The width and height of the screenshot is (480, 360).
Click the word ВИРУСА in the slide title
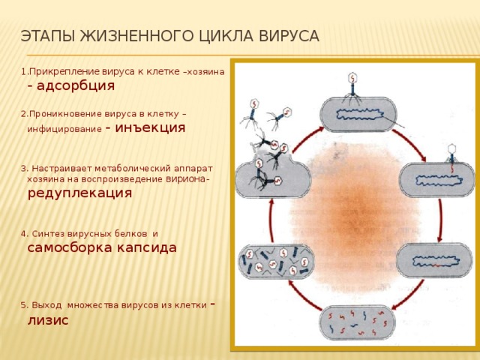289,36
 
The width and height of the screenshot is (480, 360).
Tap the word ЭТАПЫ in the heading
48,36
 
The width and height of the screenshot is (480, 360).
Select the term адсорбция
76,86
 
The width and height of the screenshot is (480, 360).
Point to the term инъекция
150,127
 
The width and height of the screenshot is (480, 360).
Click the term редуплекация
80,193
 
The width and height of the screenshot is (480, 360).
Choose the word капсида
146,247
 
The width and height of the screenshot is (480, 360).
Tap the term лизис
48,320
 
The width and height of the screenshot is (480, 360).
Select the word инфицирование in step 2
64,129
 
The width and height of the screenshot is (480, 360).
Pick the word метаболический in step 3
133,169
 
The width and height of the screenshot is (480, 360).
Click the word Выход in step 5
46,305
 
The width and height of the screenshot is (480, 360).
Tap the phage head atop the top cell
353,78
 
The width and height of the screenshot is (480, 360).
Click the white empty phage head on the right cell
451,149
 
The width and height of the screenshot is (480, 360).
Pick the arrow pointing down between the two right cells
440,220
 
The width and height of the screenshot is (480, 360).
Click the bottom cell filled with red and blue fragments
357,322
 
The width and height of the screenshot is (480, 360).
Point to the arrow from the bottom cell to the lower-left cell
303,296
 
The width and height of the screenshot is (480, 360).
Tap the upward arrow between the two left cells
271,220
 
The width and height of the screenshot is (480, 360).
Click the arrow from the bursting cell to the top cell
307,139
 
